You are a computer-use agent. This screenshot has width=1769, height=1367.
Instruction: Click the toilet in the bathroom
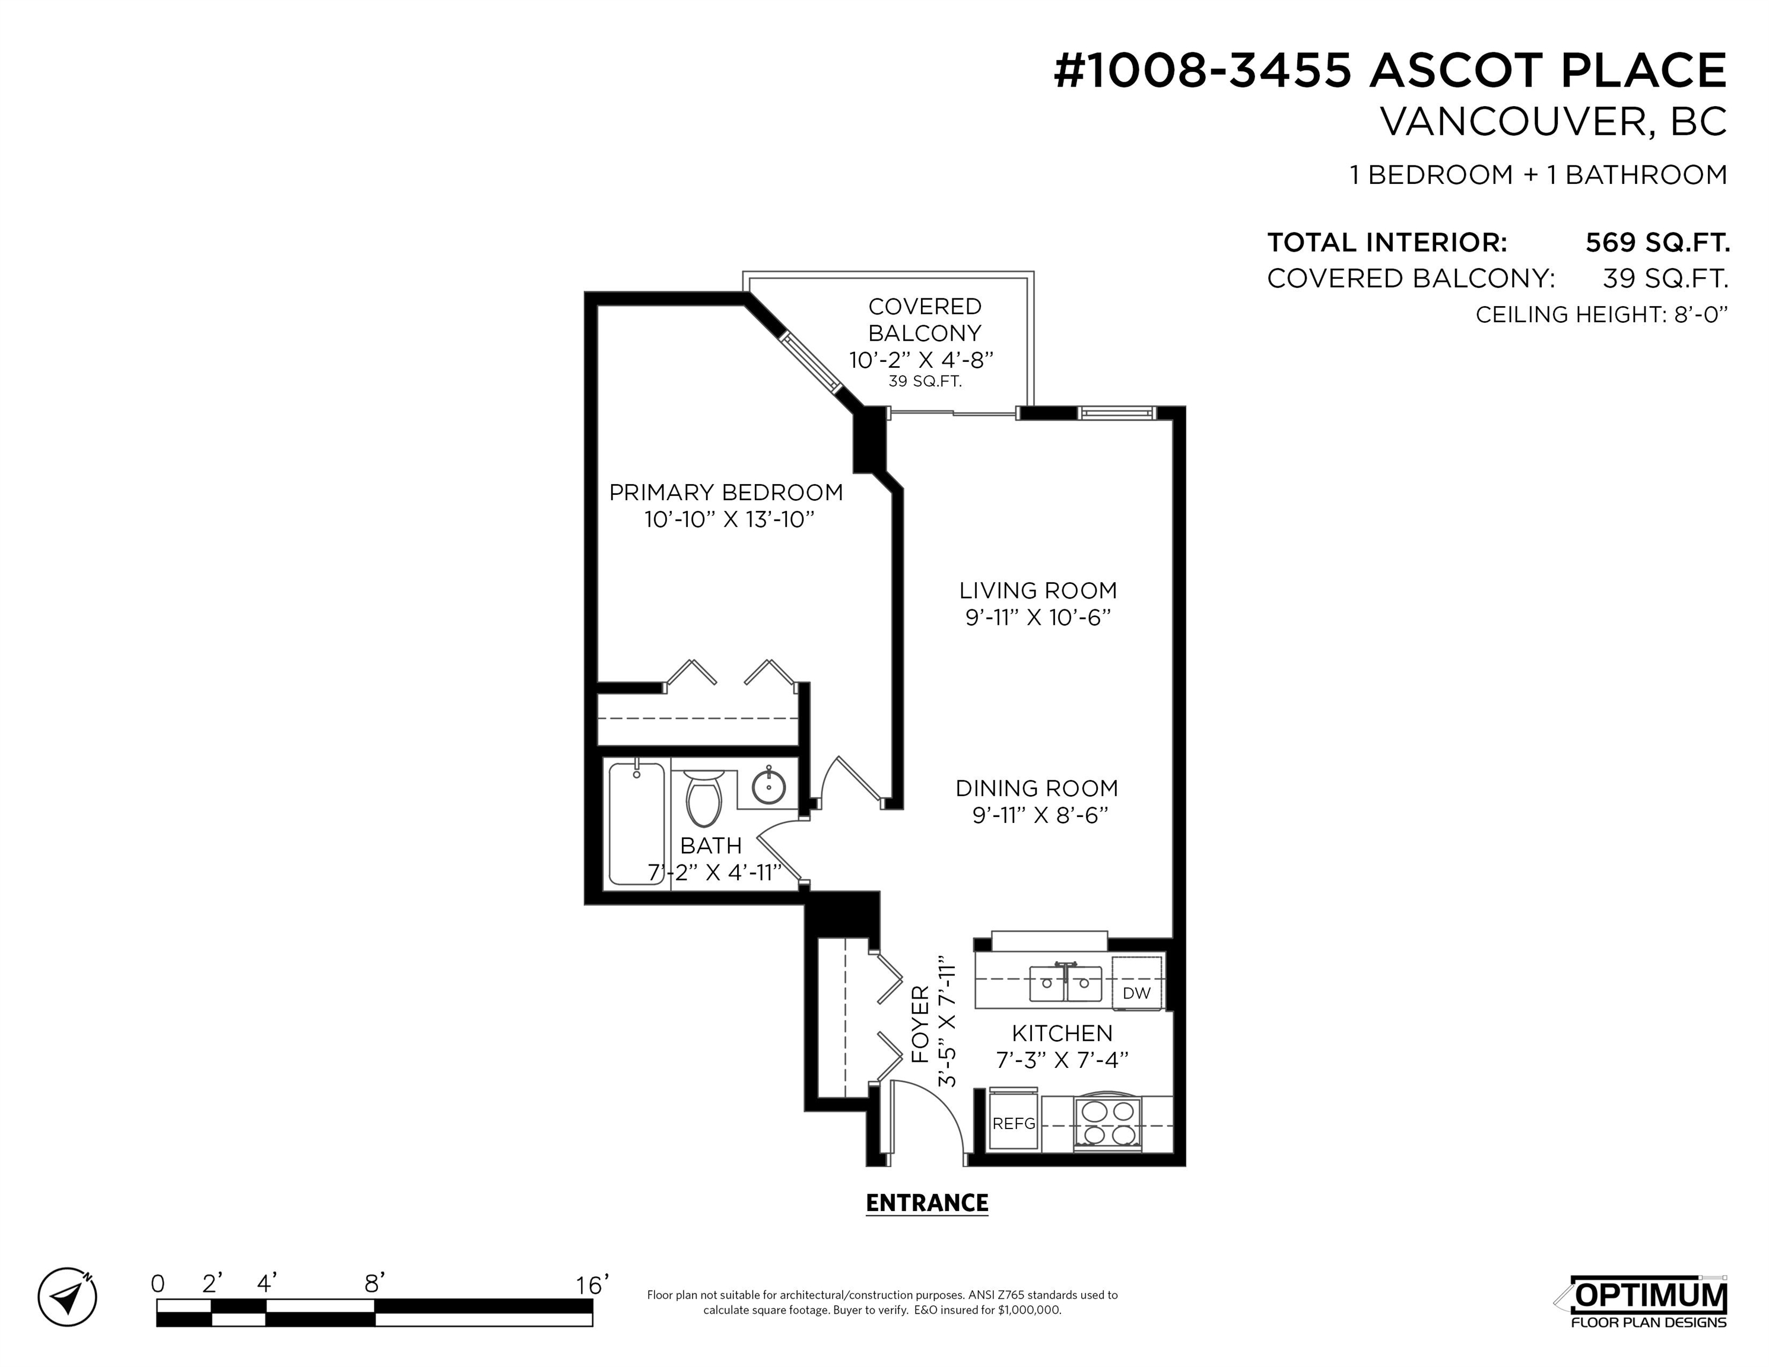703,797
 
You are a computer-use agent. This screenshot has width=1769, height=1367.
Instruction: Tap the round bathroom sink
768,786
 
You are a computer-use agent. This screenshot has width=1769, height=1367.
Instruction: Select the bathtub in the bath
637,823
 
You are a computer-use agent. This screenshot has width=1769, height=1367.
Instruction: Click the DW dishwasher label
1137,993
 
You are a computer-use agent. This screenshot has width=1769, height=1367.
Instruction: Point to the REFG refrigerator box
1014,1123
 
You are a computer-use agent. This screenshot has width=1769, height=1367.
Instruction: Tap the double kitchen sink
1065,983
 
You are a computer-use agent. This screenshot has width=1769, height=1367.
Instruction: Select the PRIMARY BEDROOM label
726,492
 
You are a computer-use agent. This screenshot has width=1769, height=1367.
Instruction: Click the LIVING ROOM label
1037,590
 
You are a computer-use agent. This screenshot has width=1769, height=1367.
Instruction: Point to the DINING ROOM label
1037,788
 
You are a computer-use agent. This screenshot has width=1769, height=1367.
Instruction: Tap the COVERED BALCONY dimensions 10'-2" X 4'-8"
921,360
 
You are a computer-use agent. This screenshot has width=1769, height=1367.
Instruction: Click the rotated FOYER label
920,1025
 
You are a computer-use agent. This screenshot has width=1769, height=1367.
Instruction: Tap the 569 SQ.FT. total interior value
1657,242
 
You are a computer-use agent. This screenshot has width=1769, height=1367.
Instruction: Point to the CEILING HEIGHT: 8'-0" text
1601,314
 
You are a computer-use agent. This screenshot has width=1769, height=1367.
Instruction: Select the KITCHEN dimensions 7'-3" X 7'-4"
1062,1059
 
